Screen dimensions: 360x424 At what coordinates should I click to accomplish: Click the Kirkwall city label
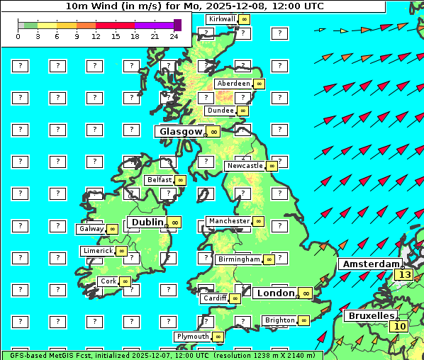(x=222, y=18)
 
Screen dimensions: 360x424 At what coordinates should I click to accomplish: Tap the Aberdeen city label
(x=234, y=84)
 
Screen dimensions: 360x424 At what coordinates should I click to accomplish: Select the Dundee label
(x=221, y=111)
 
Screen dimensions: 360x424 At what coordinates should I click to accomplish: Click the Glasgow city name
(x=181, y=131)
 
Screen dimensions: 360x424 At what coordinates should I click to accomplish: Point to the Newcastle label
(x=245, y=166)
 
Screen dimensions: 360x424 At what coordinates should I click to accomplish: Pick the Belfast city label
(x=160, y=180)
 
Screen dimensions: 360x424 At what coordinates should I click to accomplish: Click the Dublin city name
(x=147, y=222)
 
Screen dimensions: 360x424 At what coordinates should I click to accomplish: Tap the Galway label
(x=91, y=229)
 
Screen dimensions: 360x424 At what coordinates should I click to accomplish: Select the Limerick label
(x=98, y=251)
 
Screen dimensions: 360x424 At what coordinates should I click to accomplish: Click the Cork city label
(x=108, y=281)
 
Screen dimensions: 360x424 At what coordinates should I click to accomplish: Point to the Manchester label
(x=229, y=221)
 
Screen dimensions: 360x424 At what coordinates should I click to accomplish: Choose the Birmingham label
(x=239, y=259)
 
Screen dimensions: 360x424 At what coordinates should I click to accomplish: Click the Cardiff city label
(x=215, y=298)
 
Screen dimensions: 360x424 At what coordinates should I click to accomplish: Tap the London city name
(x=275, y=293)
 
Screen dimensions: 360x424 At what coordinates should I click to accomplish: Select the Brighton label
(x=279, y=320)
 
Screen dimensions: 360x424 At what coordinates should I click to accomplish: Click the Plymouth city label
(x=193, y=337)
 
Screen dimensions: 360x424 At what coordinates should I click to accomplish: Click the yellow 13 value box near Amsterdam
(x=404, y=274)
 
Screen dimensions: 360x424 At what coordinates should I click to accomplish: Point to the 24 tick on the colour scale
(x=174, y=36)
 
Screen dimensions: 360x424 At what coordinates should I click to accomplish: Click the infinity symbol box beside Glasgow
(x=213, y=132)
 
